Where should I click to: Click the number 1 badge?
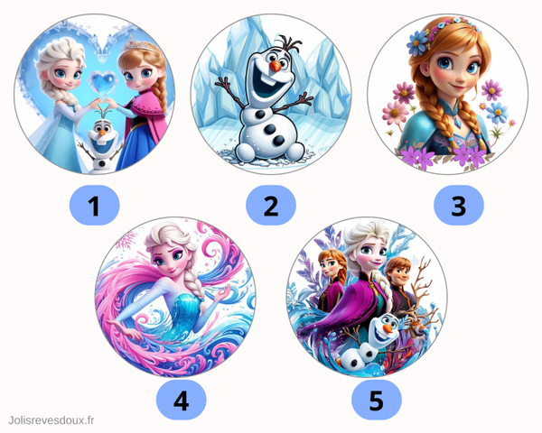94,206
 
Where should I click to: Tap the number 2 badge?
271,206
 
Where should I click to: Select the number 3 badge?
459,206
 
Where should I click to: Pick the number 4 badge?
182,401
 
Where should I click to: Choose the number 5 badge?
377,401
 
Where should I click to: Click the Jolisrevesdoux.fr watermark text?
51,420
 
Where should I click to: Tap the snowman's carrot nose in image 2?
276,66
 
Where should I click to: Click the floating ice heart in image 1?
103,83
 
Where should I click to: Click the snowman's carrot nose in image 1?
102,132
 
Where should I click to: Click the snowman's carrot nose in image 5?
389,327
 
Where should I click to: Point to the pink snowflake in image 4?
126,240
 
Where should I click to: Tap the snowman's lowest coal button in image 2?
278,140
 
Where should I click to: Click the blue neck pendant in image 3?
457,122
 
